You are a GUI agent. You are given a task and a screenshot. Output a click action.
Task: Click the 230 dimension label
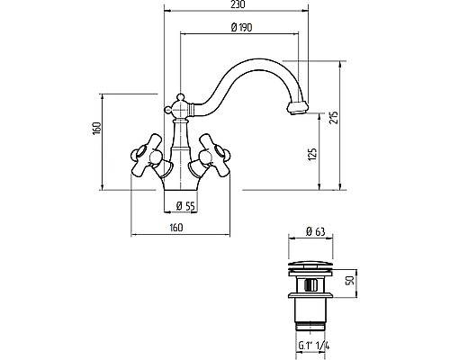point(238,4)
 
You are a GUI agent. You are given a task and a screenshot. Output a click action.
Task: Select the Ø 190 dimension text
point(241,27)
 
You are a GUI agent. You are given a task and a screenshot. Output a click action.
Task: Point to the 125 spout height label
point(313,154)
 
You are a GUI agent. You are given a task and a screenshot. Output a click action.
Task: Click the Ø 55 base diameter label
point(185,206)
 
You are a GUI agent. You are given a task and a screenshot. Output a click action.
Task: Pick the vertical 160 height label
point(97,129)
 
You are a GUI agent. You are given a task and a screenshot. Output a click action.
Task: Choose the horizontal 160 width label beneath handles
point(175,228)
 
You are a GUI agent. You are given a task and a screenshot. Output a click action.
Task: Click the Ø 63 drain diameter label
point(315,231)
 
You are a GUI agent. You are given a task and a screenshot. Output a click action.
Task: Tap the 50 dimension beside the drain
point(350,280)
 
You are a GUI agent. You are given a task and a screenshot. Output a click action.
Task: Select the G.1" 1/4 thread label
point(314,346)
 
